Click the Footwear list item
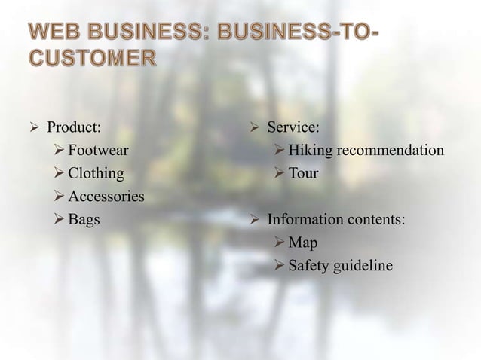pyautogui.click(x=98, y=150)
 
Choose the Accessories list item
pyautogui.click(x=106, y=197)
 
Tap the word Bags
pyautogui.click(x=84, y=220)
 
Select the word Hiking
pyautogui.click(x=311, y=150)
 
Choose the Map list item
pyautogui.click(x=303, y=243)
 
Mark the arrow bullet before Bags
pyautogui.click(x=59, y=220)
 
